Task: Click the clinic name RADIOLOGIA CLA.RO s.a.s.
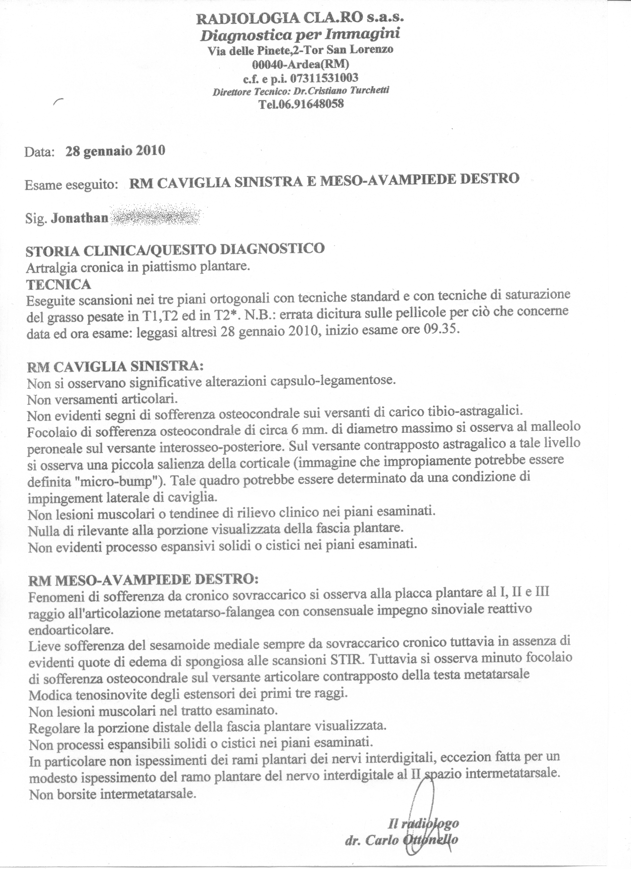[x=300, y=19]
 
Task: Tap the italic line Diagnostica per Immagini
[x=300, y=35]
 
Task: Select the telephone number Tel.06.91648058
[x=300, y=104]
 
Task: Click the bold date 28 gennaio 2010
[x=115, y=151]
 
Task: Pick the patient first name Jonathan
[x=79, y=218]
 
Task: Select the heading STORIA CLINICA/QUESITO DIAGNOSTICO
[x=175, y=249]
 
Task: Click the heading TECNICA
[x=58, y=284]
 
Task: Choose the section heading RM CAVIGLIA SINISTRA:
[x=115, y=367]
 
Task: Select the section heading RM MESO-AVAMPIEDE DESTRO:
[x=144, y=579]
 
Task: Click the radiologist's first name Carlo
[x=382, y=840]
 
